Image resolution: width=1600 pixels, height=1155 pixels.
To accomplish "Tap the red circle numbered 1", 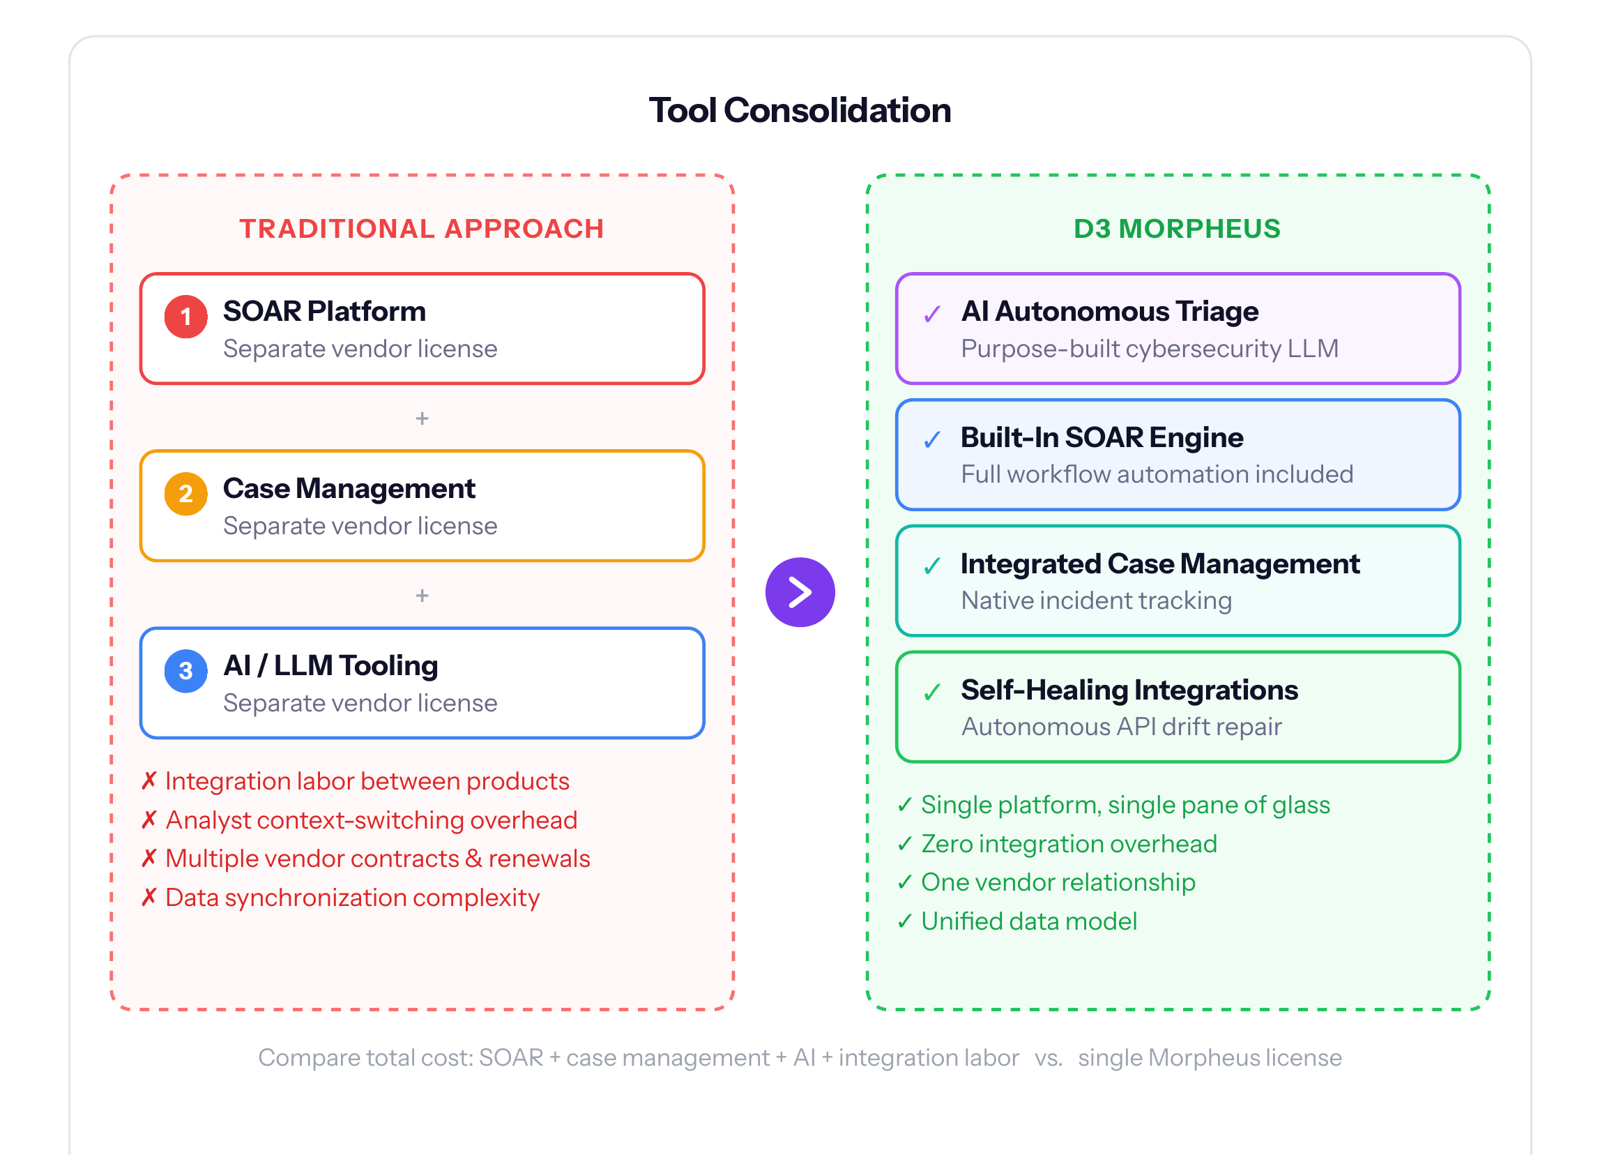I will tap(185, 316).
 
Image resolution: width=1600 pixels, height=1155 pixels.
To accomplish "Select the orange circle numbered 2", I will tap(185, 493).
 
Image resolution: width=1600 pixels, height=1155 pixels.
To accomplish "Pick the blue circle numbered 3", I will tap(185, 670).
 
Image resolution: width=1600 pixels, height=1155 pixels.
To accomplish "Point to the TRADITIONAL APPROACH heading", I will tap(421, 229).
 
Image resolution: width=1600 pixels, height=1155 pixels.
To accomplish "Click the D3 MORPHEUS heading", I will tap(1177, 229).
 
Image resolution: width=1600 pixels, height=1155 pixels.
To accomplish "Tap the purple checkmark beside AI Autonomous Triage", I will tap(932, 314).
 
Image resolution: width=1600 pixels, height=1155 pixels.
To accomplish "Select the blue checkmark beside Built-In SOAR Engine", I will tap(932, 439).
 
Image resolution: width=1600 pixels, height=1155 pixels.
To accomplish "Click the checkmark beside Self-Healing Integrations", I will tap(932, 692).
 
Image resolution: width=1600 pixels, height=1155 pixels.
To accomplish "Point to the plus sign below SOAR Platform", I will tap(422, 418).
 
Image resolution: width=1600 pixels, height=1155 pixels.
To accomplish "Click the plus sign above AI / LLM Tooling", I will tap(422, 596).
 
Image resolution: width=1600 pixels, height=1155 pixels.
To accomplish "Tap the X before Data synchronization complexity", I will tap(149, 898).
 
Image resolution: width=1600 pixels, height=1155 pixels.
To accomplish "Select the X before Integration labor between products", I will tap(149, 781).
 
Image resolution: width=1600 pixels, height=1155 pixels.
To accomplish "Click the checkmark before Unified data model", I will tap(905, 921).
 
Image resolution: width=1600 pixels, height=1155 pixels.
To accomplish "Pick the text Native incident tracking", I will tap(1096, 601).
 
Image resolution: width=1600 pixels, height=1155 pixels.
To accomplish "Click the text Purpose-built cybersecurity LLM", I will tap(1149, 349).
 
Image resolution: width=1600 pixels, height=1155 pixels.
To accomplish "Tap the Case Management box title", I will tap(349, 488).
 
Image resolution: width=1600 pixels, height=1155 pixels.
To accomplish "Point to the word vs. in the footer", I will tap(1049, 1057).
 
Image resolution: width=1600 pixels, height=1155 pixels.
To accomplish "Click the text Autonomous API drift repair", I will tap(1121, 727).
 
